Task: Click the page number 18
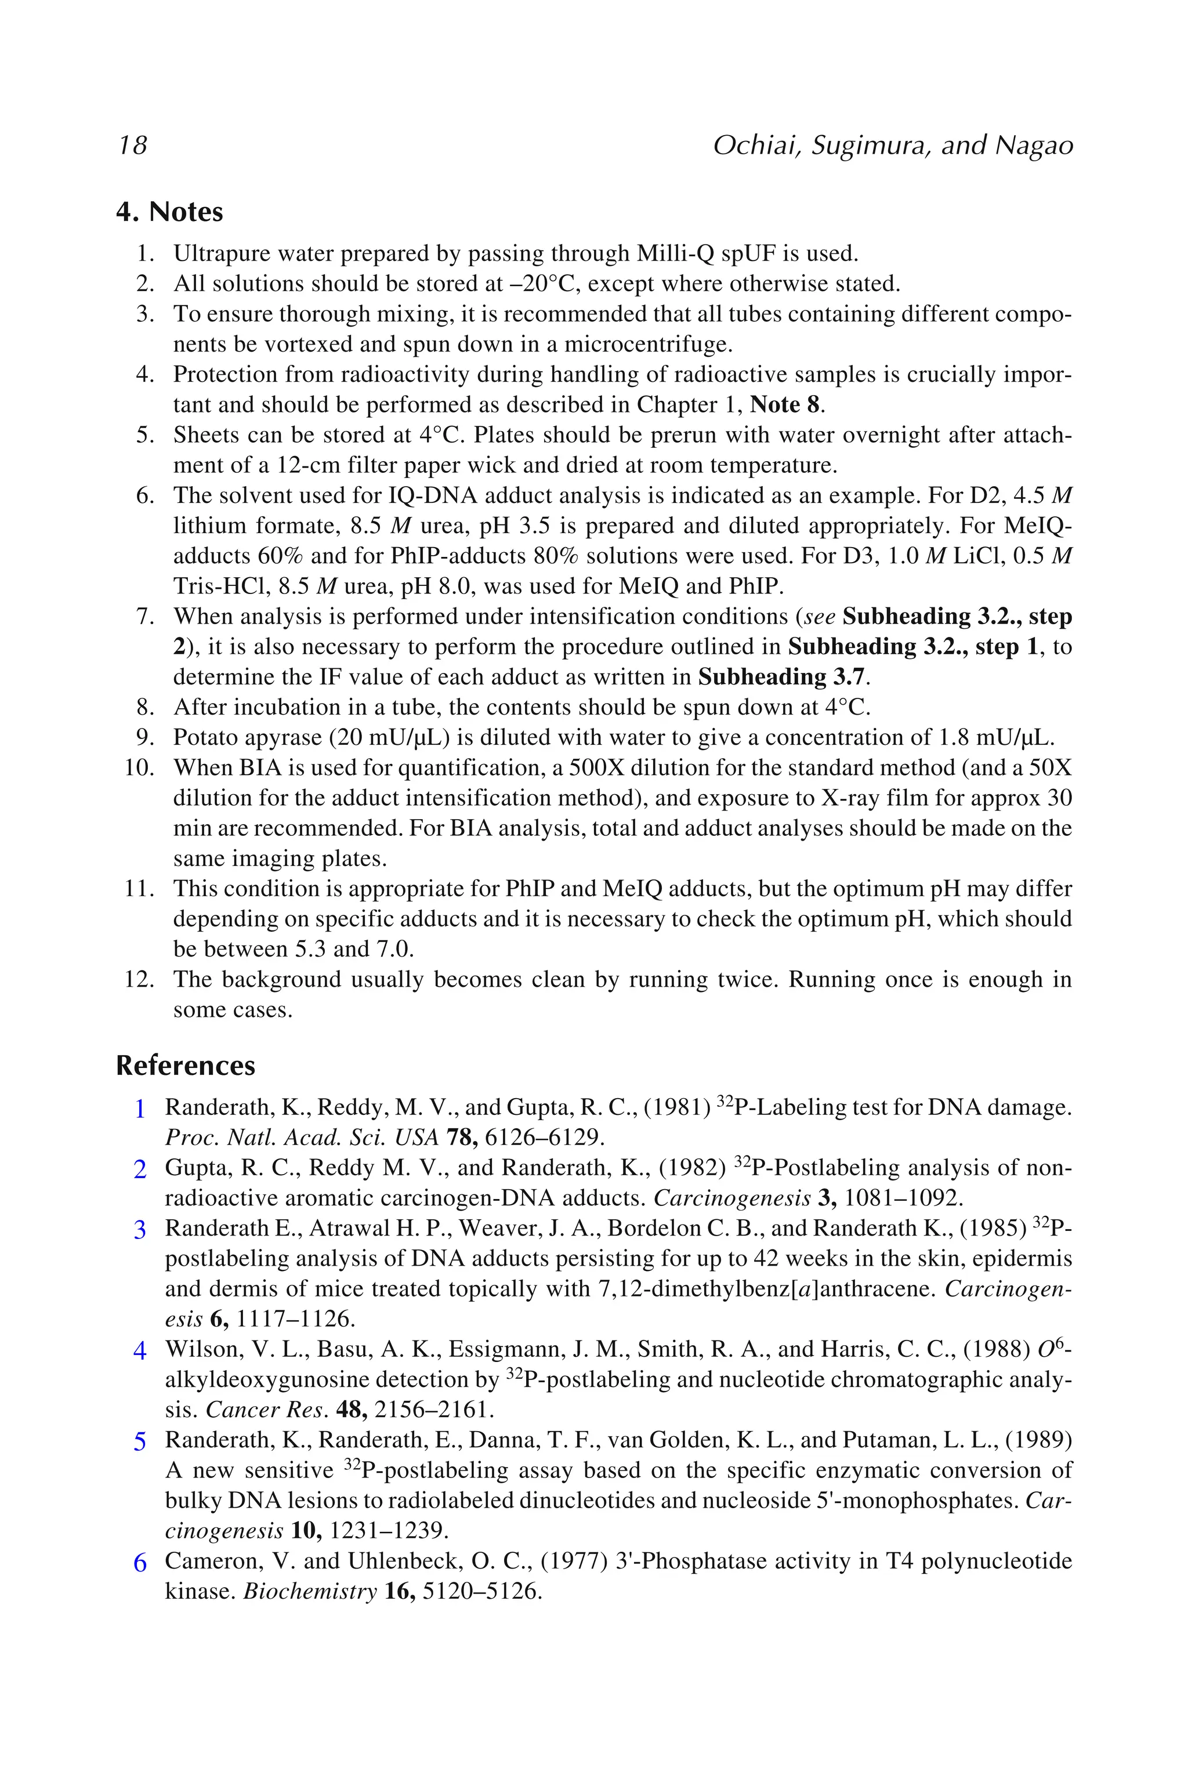coord(133,144)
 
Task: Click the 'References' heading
coord(186,1065)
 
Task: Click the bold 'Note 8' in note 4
coord(785,404)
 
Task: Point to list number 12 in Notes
coord(139,980)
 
